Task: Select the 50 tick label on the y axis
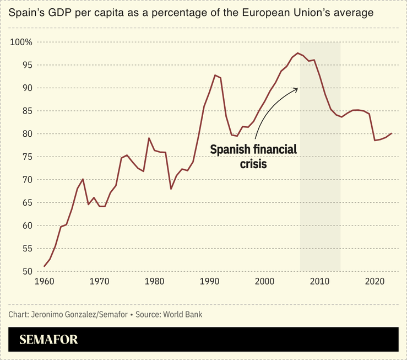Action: coord(26,272)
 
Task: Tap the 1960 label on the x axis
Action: coord(44,281)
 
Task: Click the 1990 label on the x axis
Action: coord(210,281)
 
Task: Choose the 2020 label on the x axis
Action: coord(375,281)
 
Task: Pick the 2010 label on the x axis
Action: coord(320,281)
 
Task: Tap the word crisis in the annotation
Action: coord(253,163)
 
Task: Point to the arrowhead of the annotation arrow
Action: coord(297,88)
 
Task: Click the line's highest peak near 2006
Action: coord(297,53)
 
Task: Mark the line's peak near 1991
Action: coord(215,75)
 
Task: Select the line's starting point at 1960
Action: coord(45,267)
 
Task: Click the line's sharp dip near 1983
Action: coord(171,189)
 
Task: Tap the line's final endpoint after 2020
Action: coord(392,133)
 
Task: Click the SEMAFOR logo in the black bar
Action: coord(48,340)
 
